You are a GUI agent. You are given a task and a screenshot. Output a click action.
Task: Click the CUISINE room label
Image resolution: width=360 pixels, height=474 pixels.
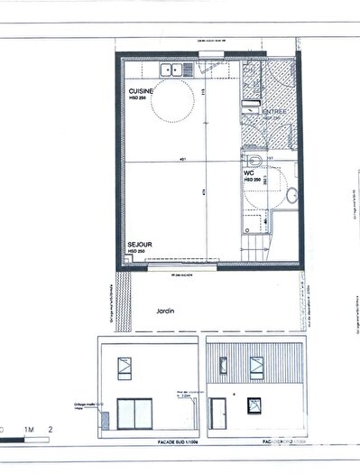[140, 91]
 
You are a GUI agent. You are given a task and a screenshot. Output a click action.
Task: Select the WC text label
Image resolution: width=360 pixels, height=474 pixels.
[248, 172]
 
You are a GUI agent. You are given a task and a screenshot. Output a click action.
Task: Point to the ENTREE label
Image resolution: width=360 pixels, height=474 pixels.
[273, 112]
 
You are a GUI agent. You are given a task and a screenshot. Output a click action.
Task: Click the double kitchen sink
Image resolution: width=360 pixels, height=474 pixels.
[171, 69]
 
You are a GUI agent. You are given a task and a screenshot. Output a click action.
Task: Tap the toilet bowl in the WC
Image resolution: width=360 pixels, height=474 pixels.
[255, 161]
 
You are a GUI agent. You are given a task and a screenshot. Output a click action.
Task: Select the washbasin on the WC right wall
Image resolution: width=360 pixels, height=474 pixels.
[291, 192]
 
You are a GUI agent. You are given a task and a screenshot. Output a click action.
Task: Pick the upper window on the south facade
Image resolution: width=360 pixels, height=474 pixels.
[123, 367]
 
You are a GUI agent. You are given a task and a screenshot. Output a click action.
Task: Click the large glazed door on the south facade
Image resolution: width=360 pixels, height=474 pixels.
[136, 415]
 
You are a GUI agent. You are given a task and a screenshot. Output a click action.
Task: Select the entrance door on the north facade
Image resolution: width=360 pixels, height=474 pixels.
[218, 414]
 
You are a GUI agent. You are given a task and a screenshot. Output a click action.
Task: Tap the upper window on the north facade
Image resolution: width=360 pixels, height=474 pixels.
[255, 367]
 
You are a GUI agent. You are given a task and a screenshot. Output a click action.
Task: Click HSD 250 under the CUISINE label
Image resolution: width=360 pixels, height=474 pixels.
[140, 99]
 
